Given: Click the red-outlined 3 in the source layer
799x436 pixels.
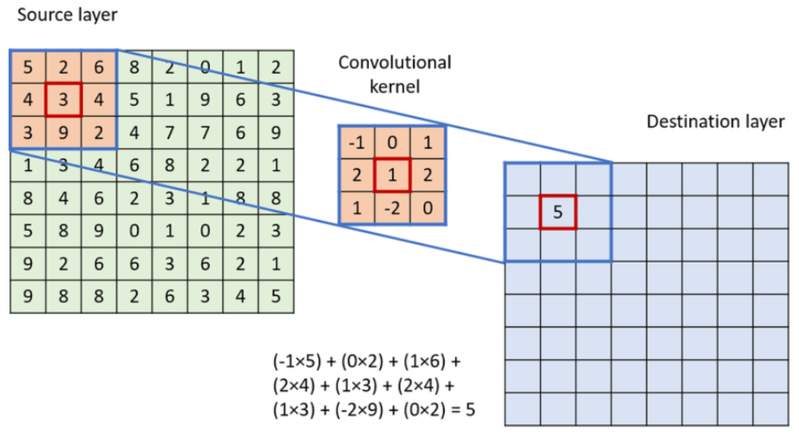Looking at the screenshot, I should pyautogui.click(x=63, y=100).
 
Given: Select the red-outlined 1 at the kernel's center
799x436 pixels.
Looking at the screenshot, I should pyautogui.click(x=392, y=175).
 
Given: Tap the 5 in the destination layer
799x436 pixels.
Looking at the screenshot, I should pyautogui.click(x=558, y=213).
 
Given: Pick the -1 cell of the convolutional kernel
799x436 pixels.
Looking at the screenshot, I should pyautogui.click(x=356, y=143).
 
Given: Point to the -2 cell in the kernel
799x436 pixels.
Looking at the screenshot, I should pyautogui.click(x=392, y=207).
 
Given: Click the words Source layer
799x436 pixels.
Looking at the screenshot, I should pyautogui.click(x=67, y=15).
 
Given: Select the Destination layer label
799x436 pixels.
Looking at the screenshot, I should pyautogui.click(x=715, y=122).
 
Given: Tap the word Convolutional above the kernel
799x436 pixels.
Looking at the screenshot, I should pyautogui.click(x=394, y=63).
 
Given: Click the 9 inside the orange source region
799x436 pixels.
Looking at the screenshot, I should pyautogui.click(x=63, y=132).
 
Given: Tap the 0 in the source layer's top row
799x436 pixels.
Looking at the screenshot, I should pyautogui.click(x=204, y=68).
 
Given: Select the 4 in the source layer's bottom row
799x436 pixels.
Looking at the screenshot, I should pyautogui.click(x=240, y=296).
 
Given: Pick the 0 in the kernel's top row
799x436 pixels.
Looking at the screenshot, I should pyautogui.click(x=392, y=143).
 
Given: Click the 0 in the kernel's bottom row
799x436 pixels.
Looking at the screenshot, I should pyautogui.click(x=428, y=207).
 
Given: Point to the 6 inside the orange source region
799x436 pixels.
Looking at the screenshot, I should pyautogui.click(x=98, y=68).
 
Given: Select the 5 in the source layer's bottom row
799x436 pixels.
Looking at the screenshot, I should pyautogui.click(x=276, y=296).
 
